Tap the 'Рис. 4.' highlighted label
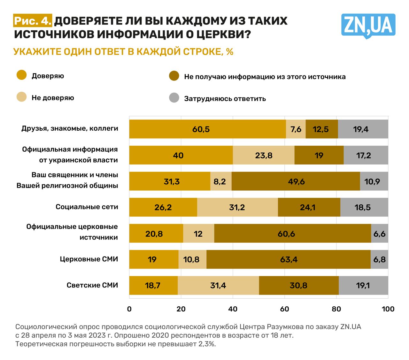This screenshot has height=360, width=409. tap(33, 21)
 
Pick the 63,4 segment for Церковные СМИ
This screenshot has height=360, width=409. tap(288, 259)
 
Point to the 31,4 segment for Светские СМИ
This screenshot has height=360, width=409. tap(218, 285)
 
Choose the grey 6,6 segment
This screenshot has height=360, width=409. tap(379, 234)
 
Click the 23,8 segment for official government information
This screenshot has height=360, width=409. tap(264, 155)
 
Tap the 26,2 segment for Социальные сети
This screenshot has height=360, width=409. tap(163, 207)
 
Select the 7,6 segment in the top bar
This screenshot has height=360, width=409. tap(296, 129)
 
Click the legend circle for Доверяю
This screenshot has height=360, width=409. tap(22, 75)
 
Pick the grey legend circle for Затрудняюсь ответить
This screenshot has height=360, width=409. tap(174, 98)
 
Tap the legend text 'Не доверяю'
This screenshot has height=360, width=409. tap(53, 98)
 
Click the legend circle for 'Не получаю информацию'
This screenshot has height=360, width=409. tap(174, 76)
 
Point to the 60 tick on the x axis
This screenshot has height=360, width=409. tap(284, 309)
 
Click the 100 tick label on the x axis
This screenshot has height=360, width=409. tap(388, 309)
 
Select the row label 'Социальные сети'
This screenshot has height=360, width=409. tap(87, 207)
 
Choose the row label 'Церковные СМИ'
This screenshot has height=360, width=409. tap(89, 259)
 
